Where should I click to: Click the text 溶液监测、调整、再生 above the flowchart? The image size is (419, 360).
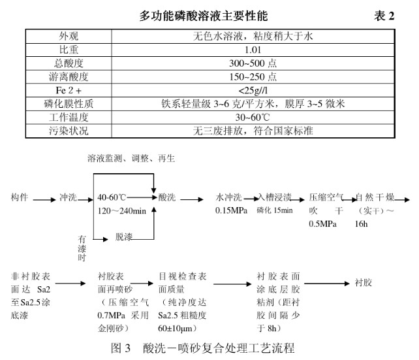point(131,159)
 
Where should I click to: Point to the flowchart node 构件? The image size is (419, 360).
point(20,197)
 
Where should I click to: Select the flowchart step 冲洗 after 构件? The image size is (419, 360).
point(69,197)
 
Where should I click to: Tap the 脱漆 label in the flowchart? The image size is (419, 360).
point(125,235)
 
